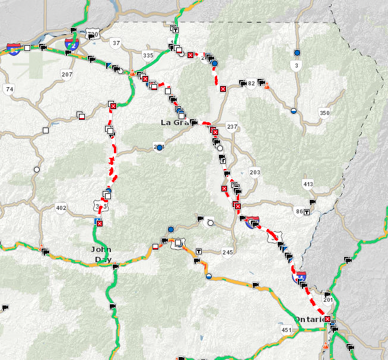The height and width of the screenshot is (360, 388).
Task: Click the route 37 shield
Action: (116, 43)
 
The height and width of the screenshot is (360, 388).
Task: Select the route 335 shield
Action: (148, 55)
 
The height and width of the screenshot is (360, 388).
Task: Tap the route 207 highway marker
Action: (66, 74)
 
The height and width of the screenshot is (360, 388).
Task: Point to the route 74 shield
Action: (8, 89)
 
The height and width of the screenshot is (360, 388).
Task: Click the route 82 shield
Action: (252, 84)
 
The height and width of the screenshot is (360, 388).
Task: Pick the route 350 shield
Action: (324, 113)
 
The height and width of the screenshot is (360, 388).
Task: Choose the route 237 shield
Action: (232, 126)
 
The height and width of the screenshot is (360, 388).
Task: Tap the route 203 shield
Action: (255, 172)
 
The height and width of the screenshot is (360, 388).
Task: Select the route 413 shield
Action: (308, 184)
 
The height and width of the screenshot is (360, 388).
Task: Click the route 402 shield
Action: (61, 208)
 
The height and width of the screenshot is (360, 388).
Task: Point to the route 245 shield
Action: (228, 251)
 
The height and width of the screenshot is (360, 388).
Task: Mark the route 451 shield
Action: (286, 330)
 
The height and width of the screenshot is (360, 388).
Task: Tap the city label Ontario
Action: (309, 319)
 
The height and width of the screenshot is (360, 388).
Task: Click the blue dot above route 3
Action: (297, 53)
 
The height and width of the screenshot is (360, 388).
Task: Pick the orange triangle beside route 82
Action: (267, 85)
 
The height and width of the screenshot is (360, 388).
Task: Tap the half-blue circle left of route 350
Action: (294, 110)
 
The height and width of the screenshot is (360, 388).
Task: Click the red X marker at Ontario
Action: (327, 318)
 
